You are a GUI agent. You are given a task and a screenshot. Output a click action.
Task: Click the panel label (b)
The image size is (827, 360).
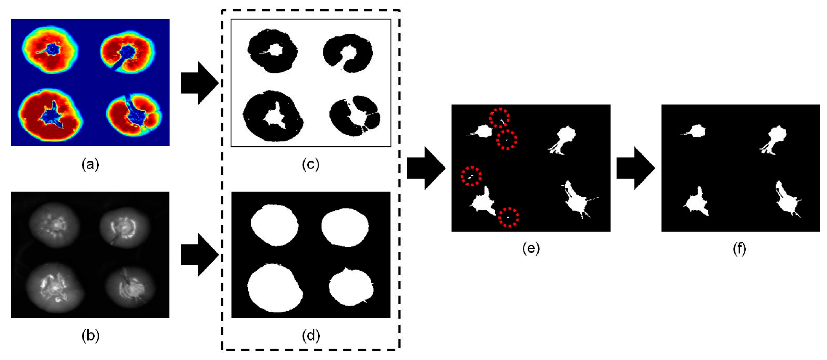(x=90, y=336)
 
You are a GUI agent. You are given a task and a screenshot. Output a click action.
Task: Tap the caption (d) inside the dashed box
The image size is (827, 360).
(x=310, y=336)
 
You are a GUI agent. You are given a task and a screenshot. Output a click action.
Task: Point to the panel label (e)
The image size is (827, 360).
(x=531, y=249)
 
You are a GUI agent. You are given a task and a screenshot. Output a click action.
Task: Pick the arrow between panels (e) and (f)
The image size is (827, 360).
(x=635, y=168)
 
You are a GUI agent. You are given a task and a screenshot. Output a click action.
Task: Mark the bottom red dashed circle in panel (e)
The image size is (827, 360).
(x=509, y=217)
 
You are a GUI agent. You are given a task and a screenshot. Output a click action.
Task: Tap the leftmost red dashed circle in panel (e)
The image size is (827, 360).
(x=471, y=176)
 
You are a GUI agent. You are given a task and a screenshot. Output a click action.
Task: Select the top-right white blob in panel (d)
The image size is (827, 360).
(x=345, y=227)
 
